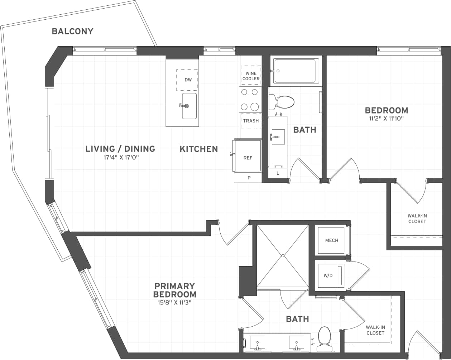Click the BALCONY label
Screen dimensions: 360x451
pyautogui.click(x=72, y=31)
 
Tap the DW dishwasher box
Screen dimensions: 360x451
pyautogui.click(x=187, y=80)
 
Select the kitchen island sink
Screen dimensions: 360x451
pyautogui.click(x=189, y=106)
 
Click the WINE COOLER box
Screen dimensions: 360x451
pyautogui.click(x=251, y=76)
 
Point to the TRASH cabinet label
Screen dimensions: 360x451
pyautogui.click(x=251, y=121)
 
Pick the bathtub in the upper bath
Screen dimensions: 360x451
pyautogui.click(x=296, y=71)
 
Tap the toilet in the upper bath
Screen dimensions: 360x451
pyautogui.click(x=282, y=102)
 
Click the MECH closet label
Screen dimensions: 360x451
pyautogui.click(x=331, y=240)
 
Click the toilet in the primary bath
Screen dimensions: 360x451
pyautogui.click(x=325, y=339)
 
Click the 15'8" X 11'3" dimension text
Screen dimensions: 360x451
pyautogui.click(x=174, y=303)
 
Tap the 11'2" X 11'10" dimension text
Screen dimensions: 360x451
pyautogui.click(x=386, y=119)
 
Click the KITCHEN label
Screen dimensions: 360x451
pyautogui.click(x=199, y=149)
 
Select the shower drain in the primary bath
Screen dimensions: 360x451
pyautogui.click(x=283, y=255)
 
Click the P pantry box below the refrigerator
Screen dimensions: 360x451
pyautogui.click(x=248, y=178)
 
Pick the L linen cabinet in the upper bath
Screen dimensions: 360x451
pyautogui.click(x=278, y=173)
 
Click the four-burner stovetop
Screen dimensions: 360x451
pyautogui.click(x=250, y=99)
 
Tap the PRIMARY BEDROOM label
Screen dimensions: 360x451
pyautogui.click(x=174, y=290)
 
